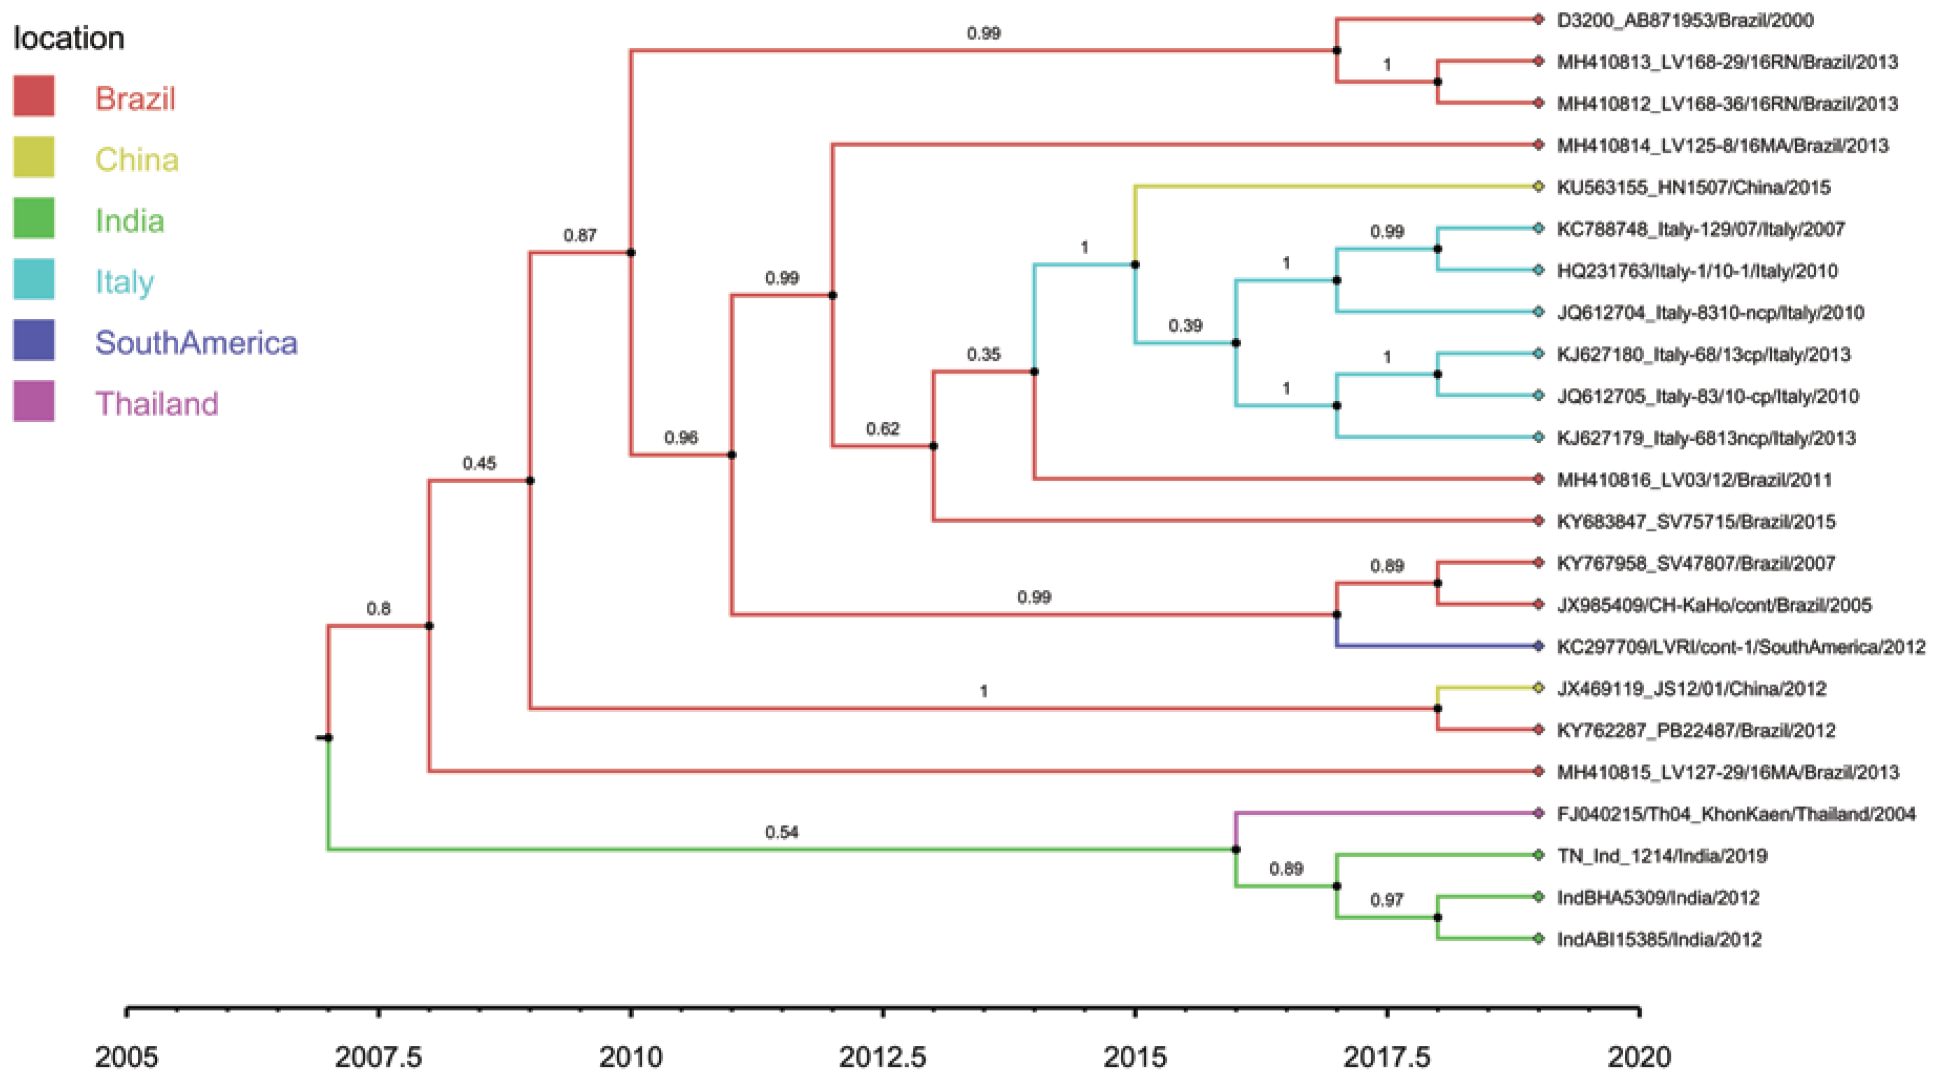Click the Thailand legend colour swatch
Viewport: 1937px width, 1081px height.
click(x=34, y=401)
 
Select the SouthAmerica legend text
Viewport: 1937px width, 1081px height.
click(x=196, y=343)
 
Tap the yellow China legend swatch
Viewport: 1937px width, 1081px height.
click(x=34, y=157)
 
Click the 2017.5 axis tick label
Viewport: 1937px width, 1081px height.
click(x=1387, y=1057)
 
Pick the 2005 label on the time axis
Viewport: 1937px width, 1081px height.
click(x=126, y=1057)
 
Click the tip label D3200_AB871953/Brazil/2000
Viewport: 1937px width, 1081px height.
click(x=1684, y=20)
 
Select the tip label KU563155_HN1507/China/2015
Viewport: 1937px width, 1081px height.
click(x=1693, y=187)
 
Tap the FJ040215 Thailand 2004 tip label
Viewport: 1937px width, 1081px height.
click(x=1736, y=814)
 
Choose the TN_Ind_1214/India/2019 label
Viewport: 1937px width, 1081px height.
click(x=1662, y=856)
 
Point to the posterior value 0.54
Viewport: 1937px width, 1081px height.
click(x=781, y=832)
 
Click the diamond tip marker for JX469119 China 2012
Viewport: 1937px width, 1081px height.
click(x=1539, y=688)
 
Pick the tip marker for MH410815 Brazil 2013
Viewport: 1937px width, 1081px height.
click(x=1539, y=771)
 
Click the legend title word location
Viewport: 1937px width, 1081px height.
click(x=68, y=38)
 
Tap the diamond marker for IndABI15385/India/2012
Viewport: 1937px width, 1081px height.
click(x=1539, y=938)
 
